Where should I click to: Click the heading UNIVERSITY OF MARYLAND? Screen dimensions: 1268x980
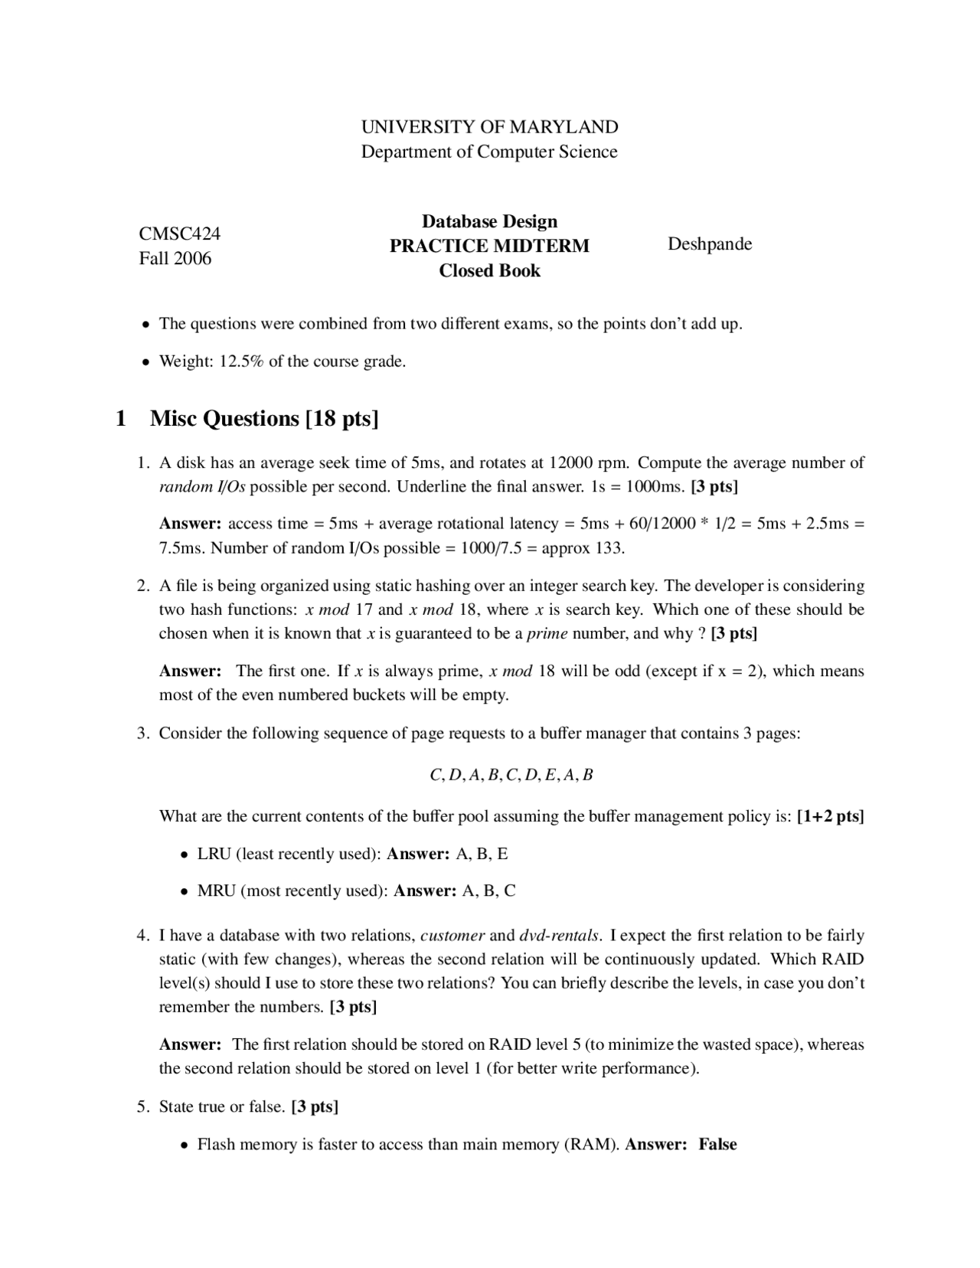coord(489,126)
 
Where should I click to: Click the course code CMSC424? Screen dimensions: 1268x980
coord(179,234)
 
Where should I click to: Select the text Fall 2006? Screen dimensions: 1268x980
coord(175,258)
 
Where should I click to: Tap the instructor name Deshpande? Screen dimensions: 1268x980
coord(710,244)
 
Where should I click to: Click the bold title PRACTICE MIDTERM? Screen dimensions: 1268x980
coord(489,246)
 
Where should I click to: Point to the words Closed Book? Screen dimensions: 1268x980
coord(489,270)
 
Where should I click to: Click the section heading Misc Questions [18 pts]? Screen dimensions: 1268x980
coord(264,418)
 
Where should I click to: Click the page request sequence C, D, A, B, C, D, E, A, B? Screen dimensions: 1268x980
coord(511,775)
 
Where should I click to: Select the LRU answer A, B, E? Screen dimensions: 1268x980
coord(482,854)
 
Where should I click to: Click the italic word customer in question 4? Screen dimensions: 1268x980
coord(452,936)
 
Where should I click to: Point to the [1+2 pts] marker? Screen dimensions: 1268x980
coord(830,816)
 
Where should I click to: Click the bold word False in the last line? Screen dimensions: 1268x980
coord(717,1145)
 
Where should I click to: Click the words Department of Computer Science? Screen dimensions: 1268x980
coord(489,152)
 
